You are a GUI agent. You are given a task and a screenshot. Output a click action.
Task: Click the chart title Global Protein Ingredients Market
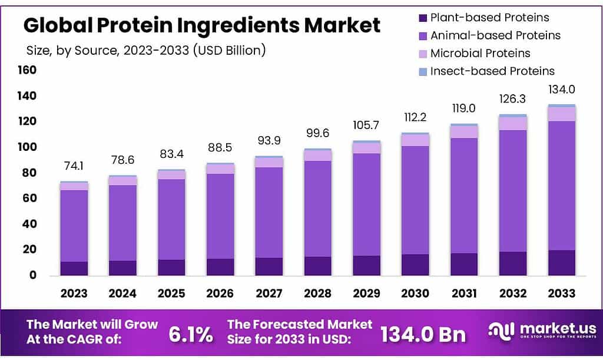(201, 25)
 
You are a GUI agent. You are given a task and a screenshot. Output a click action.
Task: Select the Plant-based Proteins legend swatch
(422, 18)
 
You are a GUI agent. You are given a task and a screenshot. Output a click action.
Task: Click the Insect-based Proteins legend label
(492, 71)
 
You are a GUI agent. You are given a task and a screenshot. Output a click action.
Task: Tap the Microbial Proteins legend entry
(480, 54)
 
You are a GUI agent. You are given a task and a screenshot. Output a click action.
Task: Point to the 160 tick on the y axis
(27, 70)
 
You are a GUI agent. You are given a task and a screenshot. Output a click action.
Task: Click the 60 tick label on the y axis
(30, 199)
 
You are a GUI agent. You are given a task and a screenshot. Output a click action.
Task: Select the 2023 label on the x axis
(74, 293)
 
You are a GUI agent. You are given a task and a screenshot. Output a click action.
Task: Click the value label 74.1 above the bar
(74, 166)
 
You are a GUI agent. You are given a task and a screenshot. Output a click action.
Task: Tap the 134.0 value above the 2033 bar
(562, 90)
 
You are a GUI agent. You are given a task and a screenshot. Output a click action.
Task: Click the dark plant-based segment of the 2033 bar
(562, 263)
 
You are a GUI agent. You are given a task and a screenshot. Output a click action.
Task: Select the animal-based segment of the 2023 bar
(74, 226)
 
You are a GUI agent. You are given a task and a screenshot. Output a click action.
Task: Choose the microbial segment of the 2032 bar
(513, 123)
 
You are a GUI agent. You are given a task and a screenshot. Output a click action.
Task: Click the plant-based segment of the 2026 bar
(220, 267)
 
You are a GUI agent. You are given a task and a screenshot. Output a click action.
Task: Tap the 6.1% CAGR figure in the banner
(190, 335)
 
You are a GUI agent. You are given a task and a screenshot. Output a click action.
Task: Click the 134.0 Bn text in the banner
(423, 335)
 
